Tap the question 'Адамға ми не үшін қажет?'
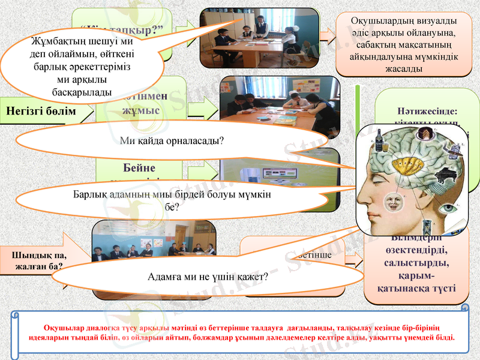pos(208,278)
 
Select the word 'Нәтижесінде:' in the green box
pos(427,111)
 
